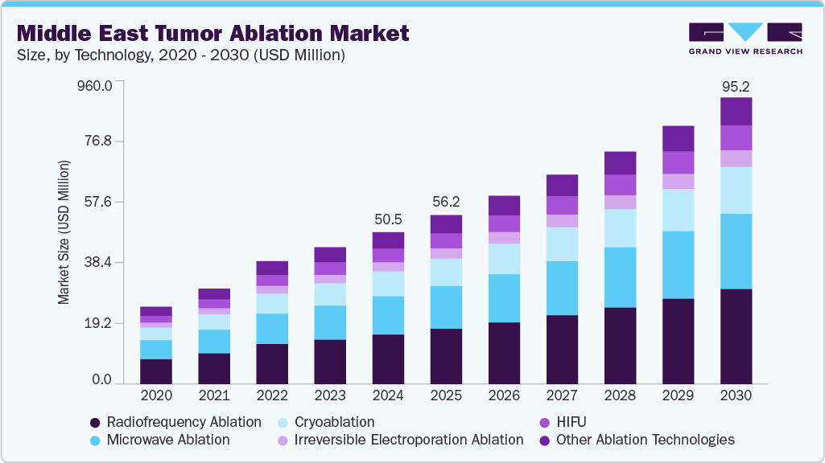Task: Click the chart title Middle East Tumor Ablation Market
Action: [213, 33]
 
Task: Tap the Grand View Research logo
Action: [745, 39]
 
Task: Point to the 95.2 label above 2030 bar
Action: [736, 86]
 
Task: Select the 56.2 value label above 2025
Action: [446, 202]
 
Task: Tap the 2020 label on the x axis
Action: [156, 395]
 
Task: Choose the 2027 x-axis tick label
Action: [562, 395]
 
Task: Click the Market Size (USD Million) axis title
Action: [64, 232]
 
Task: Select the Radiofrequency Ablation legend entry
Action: [175, 422]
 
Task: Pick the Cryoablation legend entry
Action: [325, 422]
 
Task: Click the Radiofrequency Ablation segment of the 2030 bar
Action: [736, 336]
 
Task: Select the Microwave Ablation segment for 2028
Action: [620, 277]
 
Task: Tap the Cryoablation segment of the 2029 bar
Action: [678, 210]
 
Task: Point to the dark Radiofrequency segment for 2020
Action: [156, 371]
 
